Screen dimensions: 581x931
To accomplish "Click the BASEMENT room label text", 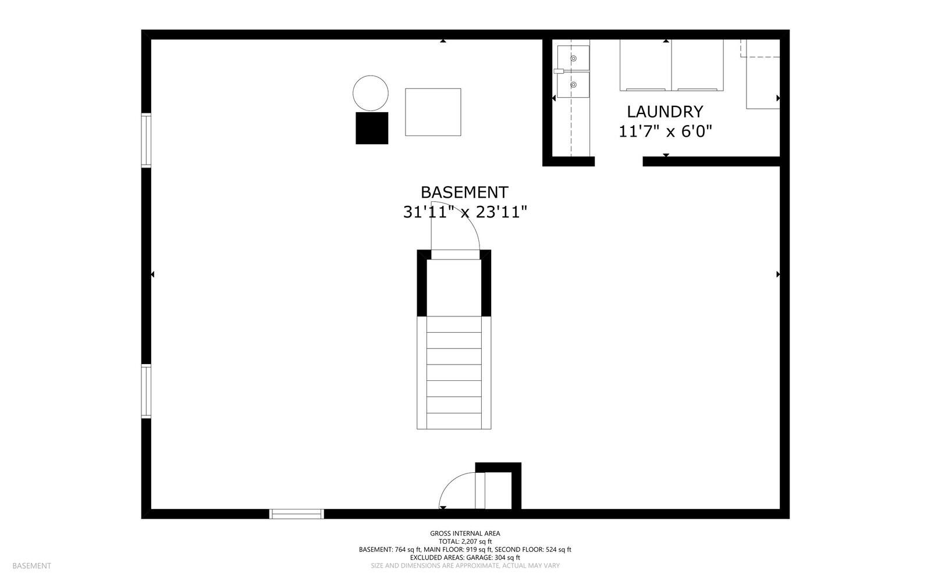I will coord(464,193).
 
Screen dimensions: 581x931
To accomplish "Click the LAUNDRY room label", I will coord(665,112).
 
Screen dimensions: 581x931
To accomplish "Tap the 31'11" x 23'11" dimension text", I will coord(465,212).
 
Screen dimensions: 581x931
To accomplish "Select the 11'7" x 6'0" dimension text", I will coord(665,131).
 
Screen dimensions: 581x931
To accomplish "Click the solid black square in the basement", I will coord(372,128).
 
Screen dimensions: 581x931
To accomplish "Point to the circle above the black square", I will coord(371,93).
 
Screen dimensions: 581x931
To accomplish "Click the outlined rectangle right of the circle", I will coord(433,112).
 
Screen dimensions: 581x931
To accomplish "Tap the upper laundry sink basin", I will coord(573,58).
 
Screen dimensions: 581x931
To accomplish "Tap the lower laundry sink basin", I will coord(573,85).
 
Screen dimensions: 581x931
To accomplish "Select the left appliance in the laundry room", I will coord(645,65).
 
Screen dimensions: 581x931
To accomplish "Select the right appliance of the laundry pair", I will coord(698,65).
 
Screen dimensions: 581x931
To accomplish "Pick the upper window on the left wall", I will coord(146,140).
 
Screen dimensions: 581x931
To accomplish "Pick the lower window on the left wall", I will coord(146,391).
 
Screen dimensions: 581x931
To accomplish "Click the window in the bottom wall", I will coord(296,514).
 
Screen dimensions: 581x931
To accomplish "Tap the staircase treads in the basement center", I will coord(454,372).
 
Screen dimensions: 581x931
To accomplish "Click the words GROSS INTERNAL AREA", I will coord(465,533).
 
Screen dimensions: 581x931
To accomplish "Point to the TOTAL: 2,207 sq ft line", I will coord(465,541).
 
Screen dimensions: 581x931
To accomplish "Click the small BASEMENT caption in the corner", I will coord(31,566).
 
